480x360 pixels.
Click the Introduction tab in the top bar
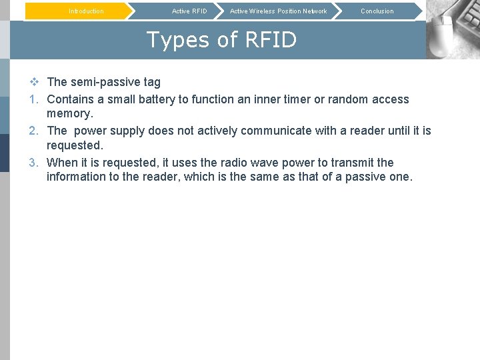(86, 11)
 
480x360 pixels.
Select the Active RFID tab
(189, 11)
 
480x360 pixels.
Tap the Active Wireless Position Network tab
(278, 11)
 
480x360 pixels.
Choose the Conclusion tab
(377, 11)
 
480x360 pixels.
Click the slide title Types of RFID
(221, 40)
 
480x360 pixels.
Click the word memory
(69, 114)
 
